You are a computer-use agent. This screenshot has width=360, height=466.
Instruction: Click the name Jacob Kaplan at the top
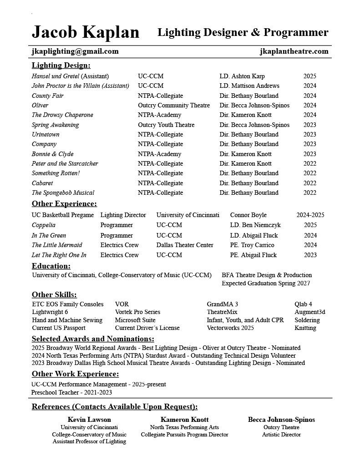(85, 32)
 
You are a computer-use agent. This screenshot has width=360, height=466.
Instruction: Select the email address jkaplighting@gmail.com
(75, 51)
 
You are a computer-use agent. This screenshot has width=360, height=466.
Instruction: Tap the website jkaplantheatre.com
(294, 51)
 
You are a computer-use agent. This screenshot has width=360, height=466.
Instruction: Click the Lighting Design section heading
(61, 66)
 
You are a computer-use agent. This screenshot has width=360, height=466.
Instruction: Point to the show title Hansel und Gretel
(56, 76)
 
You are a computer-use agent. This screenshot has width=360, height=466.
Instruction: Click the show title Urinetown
(46, 135)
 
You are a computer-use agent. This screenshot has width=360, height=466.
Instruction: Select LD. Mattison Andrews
(249, 86)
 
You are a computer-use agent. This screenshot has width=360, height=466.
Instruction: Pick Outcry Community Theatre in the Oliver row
(174, 106)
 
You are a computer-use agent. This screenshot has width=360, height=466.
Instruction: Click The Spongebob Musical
(63, 193)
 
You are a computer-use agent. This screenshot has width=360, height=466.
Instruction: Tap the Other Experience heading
(64, 204)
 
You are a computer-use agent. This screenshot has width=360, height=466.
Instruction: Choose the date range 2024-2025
(310, 215)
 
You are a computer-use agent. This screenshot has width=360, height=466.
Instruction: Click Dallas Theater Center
(185, 245)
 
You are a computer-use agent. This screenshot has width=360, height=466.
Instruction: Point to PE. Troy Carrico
(252, 245)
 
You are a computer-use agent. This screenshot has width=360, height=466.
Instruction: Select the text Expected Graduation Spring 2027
(266, 284)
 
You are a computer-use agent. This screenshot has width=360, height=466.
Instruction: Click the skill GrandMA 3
(223, 304)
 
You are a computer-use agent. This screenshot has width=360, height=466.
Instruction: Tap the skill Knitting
(305, 328)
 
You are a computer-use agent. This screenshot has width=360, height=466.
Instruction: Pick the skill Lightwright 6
(50, 312)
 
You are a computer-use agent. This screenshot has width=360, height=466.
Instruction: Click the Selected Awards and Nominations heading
(93, 339)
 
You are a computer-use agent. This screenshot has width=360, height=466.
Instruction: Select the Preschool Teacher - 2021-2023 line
(71, 393)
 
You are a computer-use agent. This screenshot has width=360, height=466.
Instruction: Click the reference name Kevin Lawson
(89, 420)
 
